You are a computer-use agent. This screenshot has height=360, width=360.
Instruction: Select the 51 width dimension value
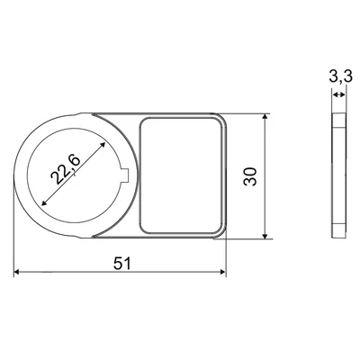point(122,264)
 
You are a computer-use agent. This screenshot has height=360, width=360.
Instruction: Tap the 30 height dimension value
point(250,176)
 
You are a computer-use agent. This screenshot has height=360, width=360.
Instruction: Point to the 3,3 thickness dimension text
point(340,77)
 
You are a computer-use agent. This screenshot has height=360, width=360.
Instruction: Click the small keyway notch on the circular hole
point(126,175)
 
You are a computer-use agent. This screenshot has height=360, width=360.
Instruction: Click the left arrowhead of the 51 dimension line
point(17,272)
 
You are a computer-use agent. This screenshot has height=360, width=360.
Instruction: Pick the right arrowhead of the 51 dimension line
point(223,272)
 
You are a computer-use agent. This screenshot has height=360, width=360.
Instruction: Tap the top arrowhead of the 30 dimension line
point(265,117)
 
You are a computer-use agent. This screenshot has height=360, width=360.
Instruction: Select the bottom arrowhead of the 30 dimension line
point(265,236)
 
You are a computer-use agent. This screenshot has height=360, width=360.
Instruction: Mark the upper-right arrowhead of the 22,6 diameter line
point(103,145)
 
